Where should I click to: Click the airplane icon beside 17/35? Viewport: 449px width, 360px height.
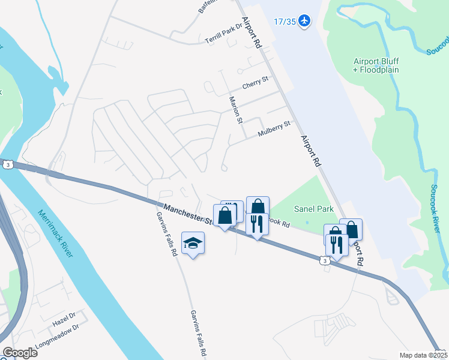[x=305, y=21]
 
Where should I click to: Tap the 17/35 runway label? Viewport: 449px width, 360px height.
[x=285, y=22]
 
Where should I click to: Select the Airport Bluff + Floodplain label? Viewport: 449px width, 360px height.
[x=376, y=65]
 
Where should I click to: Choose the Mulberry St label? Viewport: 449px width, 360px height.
[x=274, y=128]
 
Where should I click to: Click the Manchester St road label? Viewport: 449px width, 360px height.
[x=188, y=214]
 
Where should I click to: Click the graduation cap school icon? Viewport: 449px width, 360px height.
[x=193, y=242]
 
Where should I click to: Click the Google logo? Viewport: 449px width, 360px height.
[x=20, y=353]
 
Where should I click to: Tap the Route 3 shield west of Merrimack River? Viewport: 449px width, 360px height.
[x=7, y=164]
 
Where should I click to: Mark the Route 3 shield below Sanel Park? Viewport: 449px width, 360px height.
[x=324, y=260]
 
